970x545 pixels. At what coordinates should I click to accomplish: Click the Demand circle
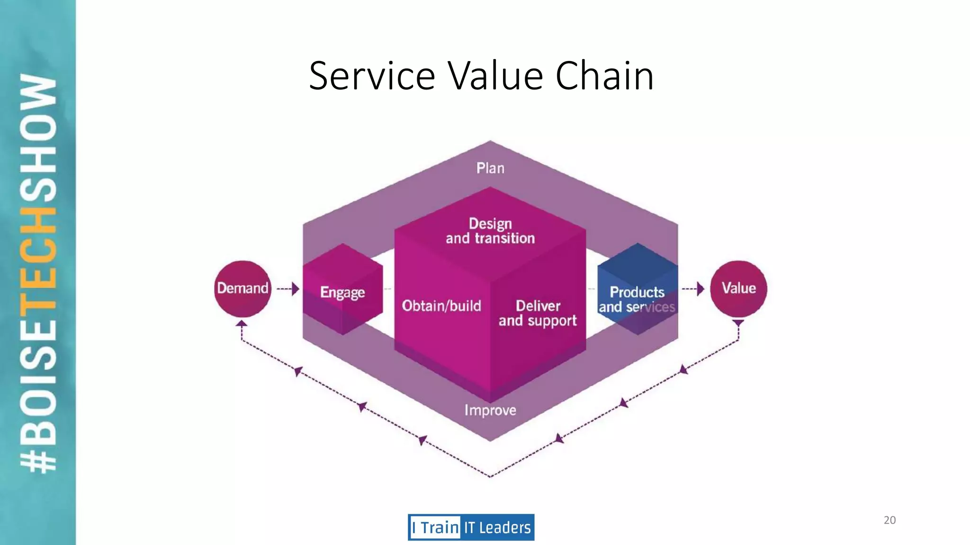tap(242, 289)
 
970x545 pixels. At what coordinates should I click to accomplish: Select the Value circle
tap(738, 289)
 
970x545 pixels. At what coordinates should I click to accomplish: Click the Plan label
tap(490, 168)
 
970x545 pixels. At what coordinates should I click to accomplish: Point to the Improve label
tap(490, 410)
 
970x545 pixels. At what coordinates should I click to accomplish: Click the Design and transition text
tap(490, 231)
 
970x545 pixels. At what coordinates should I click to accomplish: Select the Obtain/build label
tap(441, 306)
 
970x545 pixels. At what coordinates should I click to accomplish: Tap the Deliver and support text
tap(538, 313)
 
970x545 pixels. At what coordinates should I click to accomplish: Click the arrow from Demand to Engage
tap(288, 289)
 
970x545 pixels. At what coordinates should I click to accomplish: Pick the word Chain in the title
tap(604, 76)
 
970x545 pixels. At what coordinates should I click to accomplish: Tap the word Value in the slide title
tap(495, 76)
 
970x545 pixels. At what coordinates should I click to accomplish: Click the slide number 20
tap(889, 520)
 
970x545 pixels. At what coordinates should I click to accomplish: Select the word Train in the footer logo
tap(440, 527)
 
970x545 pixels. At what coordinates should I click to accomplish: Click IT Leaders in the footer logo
tap(497, 527)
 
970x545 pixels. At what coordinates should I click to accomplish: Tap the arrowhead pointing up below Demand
tap(242, 324)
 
